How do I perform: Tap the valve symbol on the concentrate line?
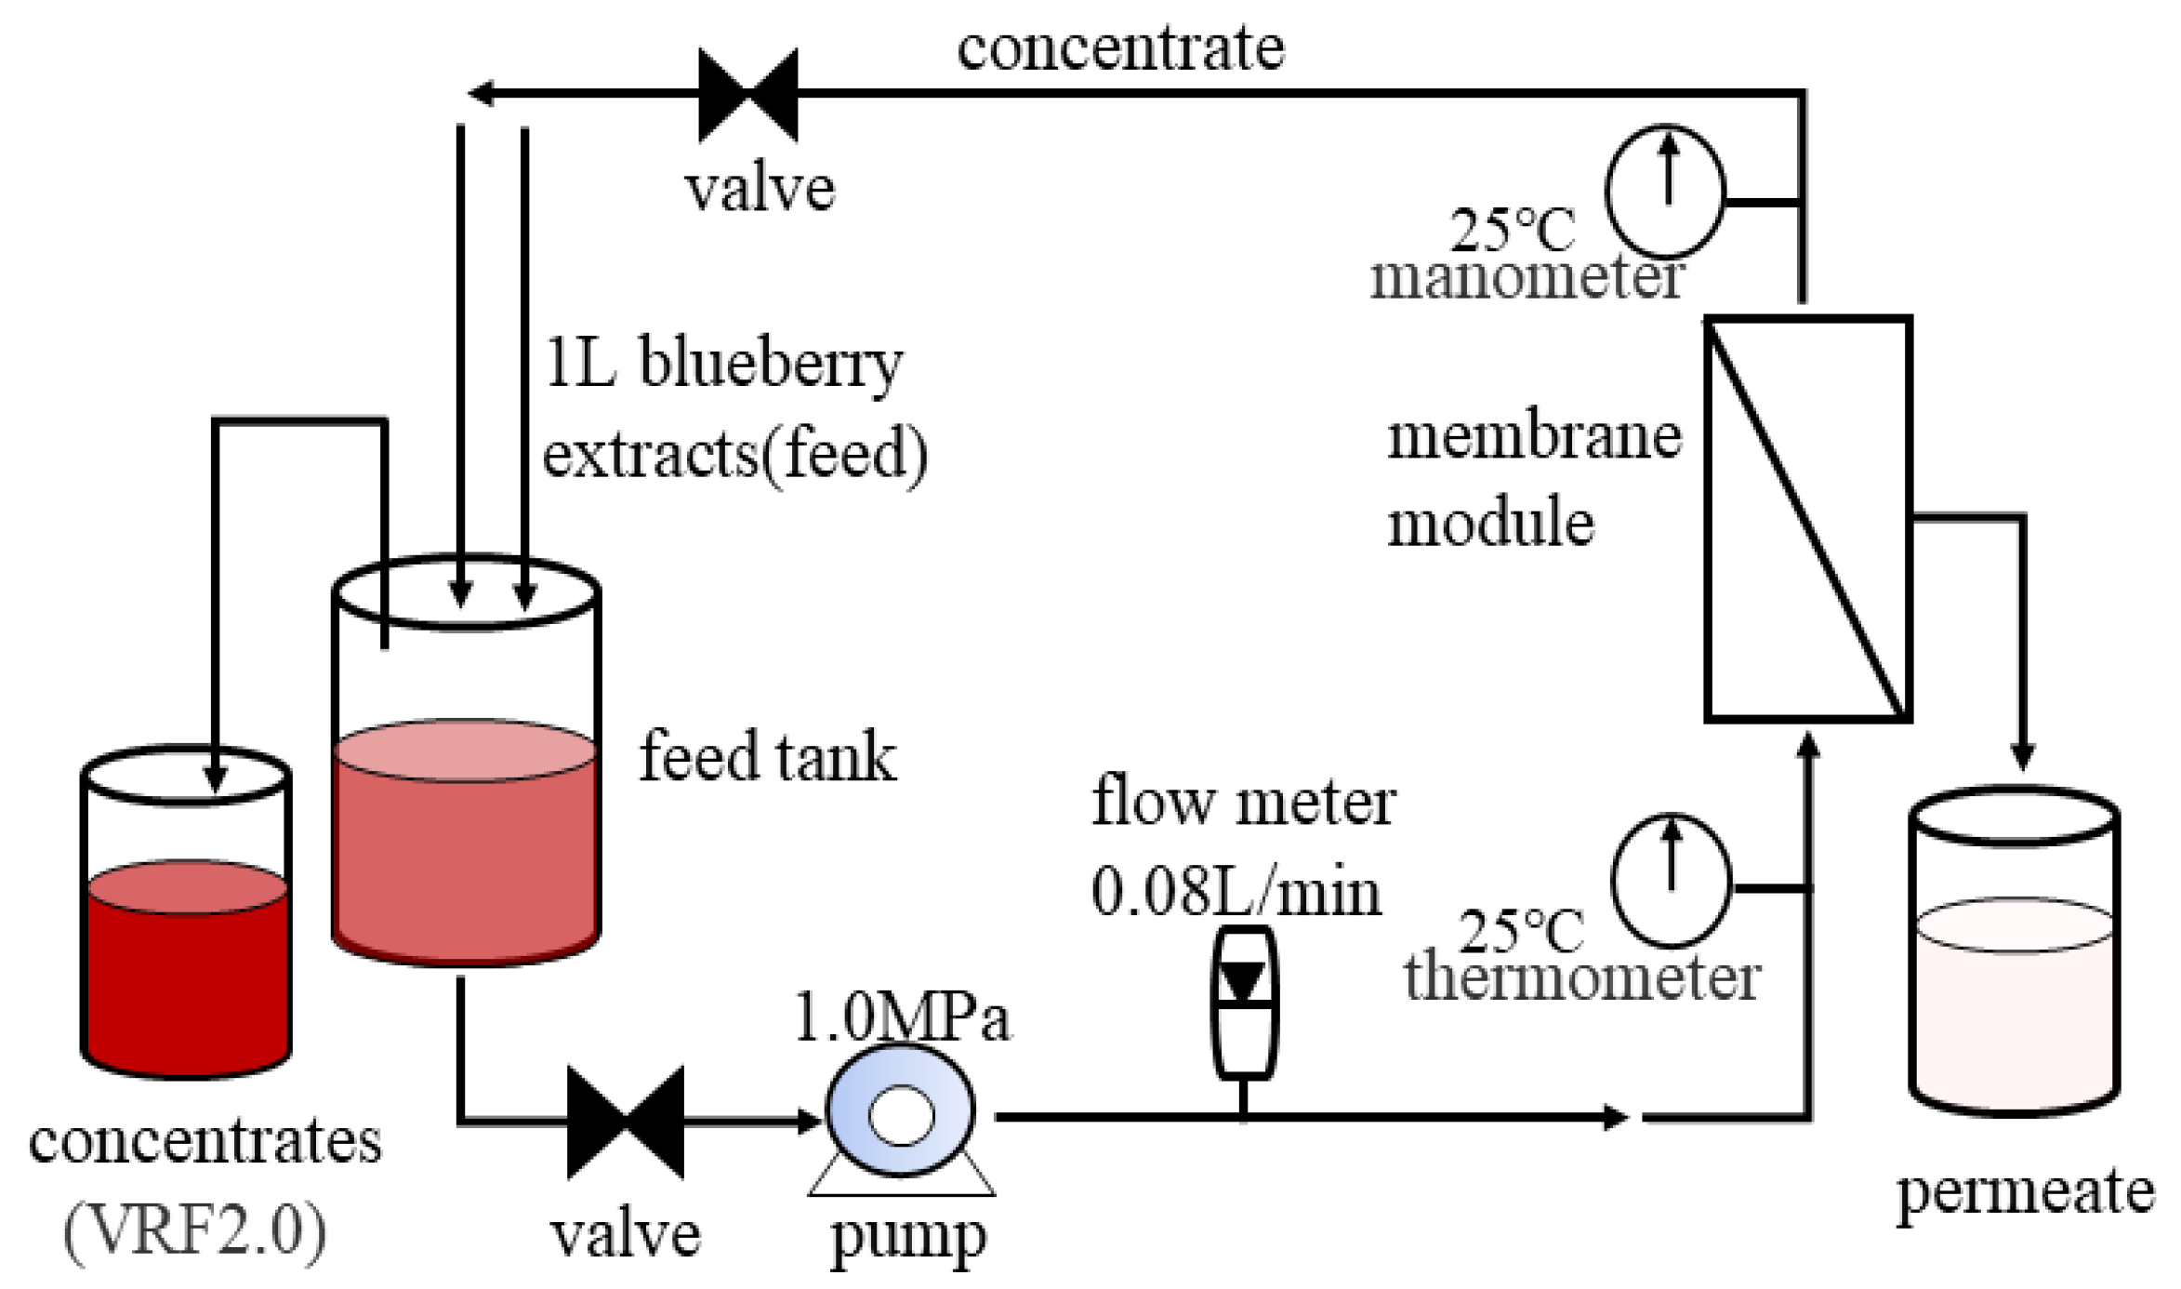(x=747, y=95)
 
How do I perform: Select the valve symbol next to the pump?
(x=625, y=1122)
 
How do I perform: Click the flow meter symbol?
(x=1243, y=1003)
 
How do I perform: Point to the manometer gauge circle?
(x=1664, y=192)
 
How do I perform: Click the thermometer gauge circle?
(x=1670, y=880)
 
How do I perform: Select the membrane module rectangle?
(x=1807, y=519)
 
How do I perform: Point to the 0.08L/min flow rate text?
(x=1236, y=892)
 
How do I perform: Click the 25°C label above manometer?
(x=1513, y=229)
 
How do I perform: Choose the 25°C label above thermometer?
(x=1521, y=930)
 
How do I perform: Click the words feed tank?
(x=767, y=757)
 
